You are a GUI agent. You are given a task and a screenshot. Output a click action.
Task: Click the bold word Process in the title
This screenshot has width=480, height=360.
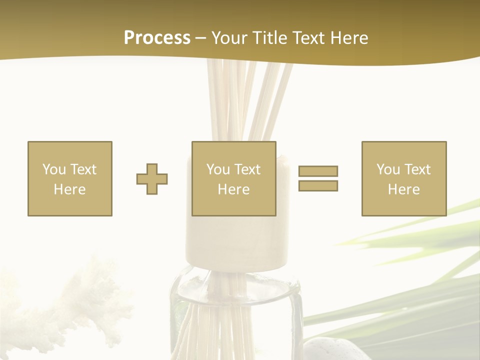[157, 38]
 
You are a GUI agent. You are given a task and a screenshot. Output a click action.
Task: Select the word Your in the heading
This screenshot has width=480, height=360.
[230, 38]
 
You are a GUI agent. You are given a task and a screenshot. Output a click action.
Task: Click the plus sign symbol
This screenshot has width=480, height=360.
[152, 178]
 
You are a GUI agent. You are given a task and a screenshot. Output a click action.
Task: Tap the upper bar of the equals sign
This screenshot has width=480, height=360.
[318, 171]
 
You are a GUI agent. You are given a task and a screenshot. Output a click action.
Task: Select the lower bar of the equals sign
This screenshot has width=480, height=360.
[318, 185]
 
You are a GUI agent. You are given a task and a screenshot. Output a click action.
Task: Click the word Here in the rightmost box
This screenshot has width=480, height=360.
[404, 189]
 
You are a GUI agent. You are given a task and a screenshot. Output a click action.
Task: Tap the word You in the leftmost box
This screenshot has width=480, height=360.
[54, 169]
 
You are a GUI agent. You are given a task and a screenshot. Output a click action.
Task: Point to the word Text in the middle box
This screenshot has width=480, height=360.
[247, 169]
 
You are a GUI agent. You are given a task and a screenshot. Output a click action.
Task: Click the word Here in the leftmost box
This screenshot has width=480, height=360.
[70, 189]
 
